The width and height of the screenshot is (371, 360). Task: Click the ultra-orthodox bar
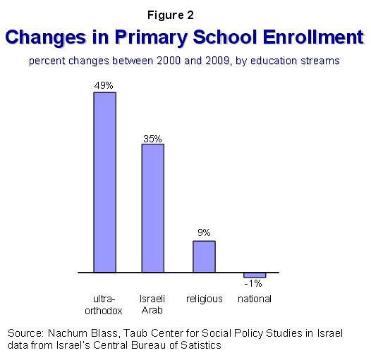pos(104,182)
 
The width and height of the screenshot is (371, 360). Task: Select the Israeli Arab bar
pos(153,209)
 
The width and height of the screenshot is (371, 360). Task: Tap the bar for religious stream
pos(204,256)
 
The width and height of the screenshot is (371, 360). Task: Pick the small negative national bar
pos(255,275)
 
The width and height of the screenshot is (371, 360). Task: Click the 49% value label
pos(104,85)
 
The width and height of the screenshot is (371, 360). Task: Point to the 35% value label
pos(152,139)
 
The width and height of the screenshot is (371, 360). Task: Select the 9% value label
pos(204,232)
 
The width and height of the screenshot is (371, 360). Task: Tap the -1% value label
pos(253,283)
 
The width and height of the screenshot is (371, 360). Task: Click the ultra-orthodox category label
pos(104,305)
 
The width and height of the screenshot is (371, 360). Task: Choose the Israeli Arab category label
pos(152,304)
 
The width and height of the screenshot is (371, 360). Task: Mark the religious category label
pos(205,299)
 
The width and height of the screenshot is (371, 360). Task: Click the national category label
pos(255,299)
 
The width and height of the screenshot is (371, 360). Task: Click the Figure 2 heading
pos(171,15)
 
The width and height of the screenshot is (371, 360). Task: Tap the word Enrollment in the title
pos(313,37)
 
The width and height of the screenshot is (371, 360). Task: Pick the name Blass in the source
pos(104,333)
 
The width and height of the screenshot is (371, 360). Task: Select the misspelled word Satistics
pos(201,345)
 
